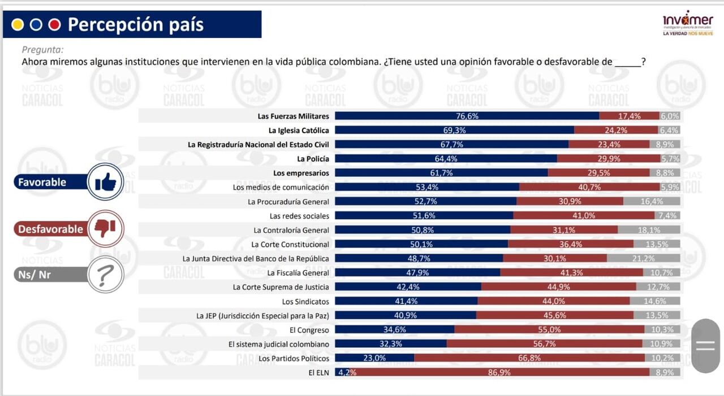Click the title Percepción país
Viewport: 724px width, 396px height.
point(136,25)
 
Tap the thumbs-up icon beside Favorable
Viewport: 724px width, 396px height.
point(105,182)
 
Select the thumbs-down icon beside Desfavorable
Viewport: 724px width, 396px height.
point(105,228)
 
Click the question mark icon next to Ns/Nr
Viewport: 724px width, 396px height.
point(105,275)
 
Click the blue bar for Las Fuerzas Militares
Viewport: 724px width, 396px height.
point(467,116)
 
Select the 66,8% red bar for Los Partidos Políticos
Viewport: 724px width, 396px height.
point(529,358)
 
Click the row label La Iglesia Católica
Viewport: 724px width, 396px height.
point(299,130)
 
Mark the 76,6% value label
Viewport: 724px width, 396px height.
point(467,116)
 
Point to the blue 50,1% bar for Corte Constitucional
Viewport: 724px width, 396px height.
point(421,244)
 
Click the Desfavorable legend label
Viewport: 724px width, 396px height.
point(50,229)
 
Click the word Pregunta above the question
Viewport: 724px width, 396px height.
point(42,50)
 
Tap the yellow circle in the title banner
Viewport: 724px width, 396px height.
point(18,25)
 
